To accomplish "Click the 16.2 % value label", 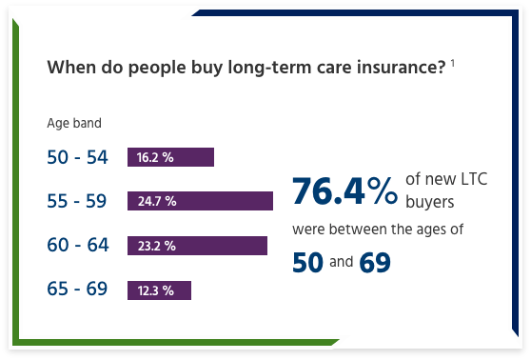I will [154, 157].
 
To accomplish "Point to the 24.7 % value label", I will [156, 201].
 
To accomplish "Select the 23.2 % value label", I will [156, 246].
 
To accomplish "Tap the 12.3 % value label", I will [155, 290].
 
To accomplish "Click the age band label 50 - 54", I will [77, 157].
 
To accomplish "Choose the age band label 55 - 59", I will [77, 201].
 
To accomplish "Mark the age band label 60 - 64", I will [77, 246].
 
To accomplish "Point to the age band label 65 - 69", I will [77, 290].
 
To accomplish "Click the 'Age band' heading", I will [74, 123].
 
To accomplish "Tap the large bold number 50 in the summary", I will [307, 261].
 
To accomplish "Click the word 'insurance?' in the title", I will [404, 69].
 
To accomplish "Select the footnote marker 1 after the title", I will [453, 64].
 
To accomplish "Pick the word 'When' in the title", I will [67, 69].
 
